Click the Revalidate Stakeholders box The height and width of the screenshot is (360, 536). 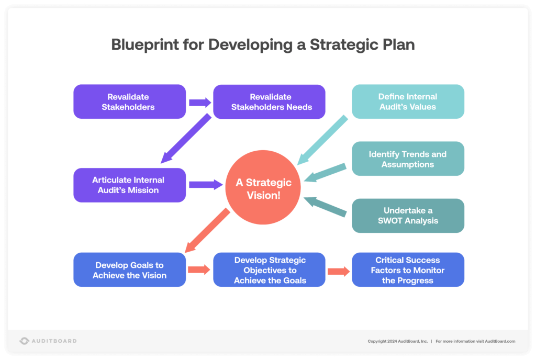click(129, 102)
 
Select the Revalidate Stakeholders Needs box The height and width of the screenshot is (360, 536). click(269, 102)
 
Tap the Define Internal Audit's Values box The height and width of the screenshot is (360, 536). click(408, 102)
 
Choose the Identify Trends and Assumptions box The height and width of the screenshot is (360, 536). click(408, 159)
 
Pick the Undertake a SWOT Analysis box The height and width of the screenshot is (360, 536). click(408, 216)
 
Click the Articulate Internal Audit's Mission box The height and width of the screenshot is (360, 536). click(129, 185)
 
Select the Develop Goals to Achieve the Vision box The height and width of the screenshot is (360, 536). click(129, 269)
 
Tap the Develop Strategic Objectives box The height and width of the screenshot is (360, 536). click(269, 269)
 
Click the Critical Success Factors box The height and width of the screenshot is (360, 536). click(408, 269)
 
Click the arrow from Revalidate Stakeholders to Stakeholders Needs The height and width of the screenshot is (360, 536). click(199, 102)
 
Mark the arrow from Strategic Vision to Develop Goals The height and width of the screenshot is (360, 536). click(208, 230)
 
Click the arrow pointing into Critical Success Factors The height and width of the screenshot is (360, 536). click(338, 271)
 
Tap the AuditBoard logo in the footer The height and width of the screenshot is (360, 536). click(48, 341)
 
